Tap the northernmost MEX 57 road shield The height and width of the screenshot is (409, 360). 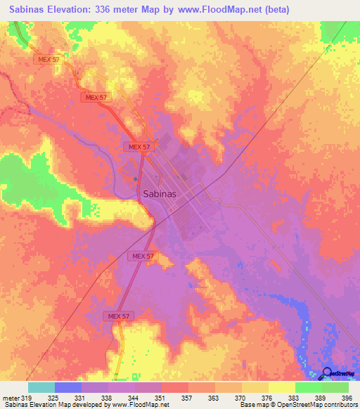pyautogui.click(x=47, y=60)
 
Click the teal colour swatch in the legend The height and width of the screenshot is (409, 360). pyautogui.click(x=41, y=387)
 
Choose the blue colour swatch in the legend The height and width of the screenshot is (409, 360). pyautogui.click(x=68, y=387)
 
